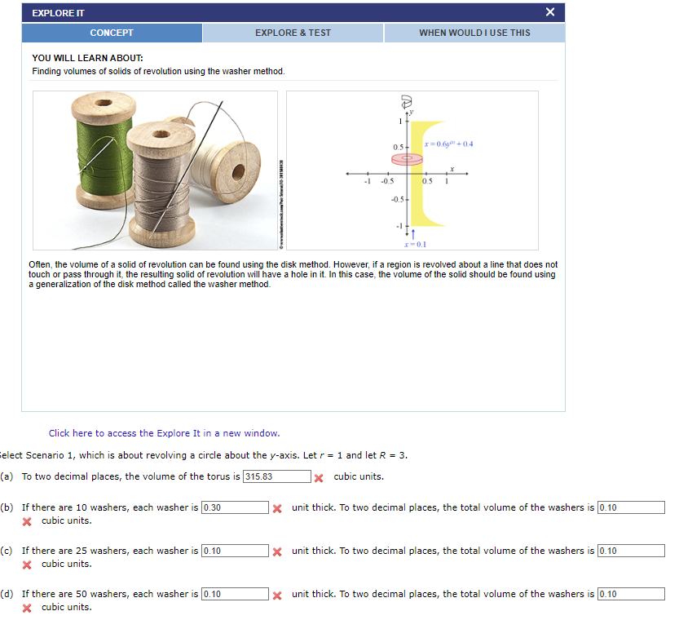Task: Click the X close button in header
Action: click(550, 12)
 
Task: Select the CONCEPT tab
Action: click(112, 33)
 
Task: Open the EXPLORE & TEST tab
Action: click(293, 33)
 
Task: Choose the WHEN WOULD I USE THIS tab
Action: click(474, 33)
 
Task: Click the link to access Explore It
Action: click(164, 433)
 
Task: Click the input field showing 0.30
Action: click(235, 507)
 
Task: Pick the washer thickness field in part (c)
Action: click(235, 551)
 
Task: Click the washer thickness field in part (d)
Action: click(235, 594)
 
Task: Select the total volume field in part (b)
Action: click(631, 507)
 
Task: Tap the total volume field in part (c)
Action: click(631, 551)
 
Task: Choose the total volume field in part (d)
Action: click(631, 594)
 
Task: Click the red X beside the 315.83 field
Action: click(320, 478)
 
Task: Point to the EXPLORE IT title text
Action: click(58, 13)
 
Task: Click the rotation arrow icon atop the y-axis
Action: click(406, 102)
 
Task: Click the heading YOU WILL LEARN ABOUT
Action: click(87, 59)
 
